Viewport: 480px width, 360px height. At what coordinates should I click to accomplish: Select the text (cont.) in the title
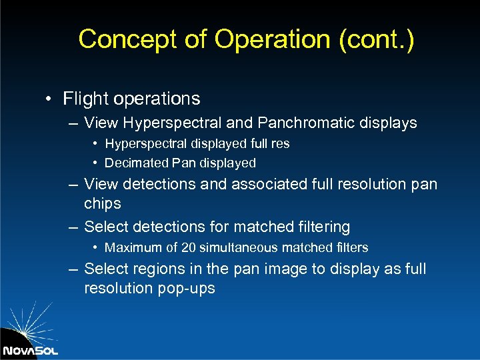[377, 39]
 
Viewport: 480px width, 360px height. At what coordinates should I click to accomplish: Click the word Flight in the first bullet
[85, 99]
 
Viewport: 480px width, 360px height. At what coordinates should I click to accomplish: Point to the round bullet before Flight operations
[49, 99]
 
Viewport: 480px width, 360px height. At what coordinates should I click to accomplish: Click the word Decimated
[136, 163]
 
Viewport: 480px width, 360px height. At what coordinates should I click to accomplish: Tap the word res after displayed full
[279, 143]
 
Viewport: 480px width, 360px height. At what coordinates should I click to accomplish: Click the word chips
[103, 203]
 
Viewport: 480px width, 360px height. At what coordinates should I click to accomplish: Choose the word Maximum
[134, 247]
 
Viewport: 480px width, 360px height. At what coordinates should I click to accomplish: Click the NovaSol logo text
[30, 350]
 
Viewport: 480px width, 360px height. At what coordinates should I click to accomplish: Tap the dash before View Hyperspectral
[72, 123]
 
